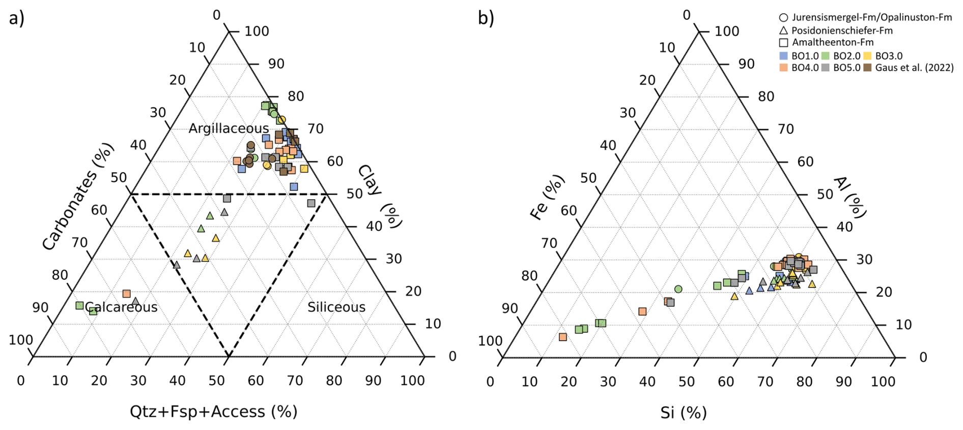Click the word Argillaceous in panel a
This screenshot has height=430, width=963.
click(x=229, y=128)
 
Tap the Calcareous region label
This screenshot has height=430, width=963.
click(x=122, y=307)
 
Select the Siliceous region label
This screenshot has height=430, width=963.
click(x=336, y=307)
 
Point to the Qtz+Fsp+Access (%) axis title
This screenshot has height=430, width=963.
click(x=213, y=412)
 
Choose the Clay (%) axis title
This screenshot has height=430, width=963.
click(x=380, y=196)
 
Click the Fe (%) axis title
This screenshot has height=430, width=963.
click(x=548, y=198)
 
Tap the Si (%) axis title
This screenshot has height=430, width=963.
click(x=684, y=413)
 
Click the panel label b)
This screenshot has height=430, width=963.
click(x=486, y=18)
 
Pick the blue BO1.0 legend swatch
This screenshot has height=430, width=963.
click(x=784, y=56)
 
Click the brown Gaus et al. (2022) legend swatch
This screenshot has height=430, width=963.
click(x=867, y=67)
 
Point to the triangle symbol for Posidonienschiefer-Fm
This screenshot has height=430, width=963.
click(x=784, y=31)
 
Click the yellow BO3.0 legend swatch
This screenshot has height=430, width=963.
click(x=867, y=56)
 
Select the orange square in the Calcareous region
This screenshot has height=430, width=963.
click(x=127, y=294)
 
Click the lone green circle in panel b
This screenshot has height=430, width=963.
click(x=678, y=289)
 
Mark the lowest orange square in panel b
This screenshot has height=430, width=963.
click(x=563, y=337)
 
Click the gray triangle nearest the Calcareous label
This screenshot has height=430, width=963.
click(x=135, y=302)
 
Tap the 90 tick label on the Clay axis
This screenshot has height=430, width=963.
click(x=276, y=64)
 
